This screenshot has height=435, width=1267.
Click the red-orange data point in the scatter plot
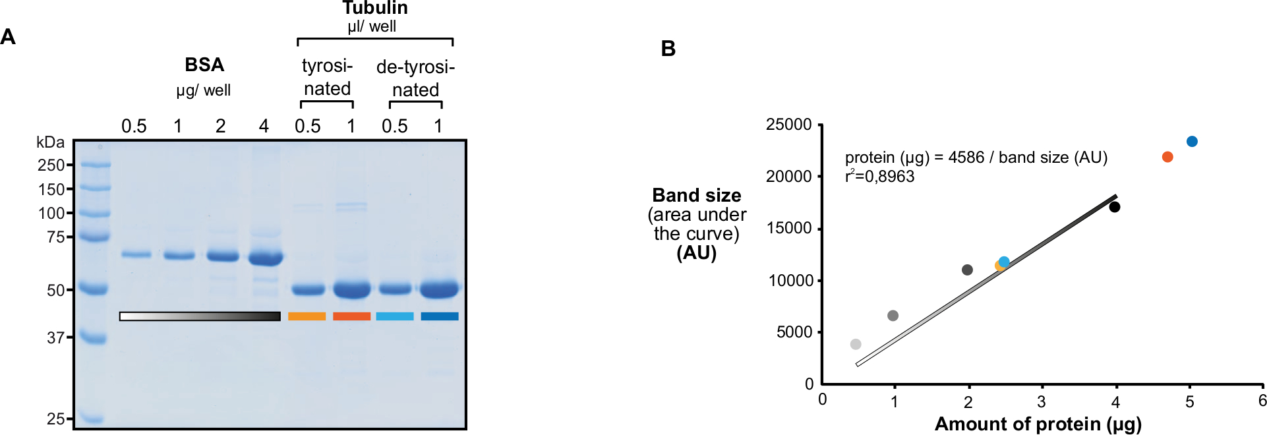(1167, 157)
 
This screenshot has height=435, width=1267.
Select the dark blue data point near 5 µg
(1192, 142)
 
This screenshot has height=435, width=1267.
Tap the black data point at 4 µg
(1115, 207)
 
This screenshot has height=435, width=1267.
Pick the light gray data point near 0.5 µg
(856, 344)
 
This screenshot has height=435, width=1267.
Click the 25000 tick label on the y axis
(788, 125)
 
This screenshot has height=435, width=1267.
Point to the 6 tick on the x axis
(1262, 401)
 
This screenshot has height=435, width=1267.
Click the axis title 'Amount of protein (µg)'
(1038, 424)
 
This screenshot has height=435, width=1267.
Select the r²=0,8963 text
(879, 176)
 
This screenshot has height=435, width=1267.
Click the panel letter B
(668, 49)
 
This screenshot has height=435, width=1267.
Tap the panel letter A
(8, 37)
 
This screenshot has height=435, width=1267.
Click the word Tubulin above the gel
(374, 8)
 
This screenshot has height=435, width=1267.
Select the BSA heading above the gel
(204, 65)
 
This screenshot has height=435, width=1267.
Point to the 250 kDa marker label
(51, 165)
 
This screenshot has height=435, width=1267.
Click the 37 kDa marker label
(55, 337)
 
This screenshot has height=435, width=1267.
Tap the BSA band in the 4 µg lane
(265, 258)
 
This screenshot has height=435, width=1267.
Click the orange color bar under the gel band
(307, 316)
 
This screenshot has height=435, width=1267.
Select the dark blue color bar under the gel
(440, 316)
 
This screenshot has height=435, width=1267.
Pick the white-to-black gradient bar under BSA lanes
(200, 316)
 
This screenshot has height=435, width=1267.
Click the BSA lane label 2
(221, 126)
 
